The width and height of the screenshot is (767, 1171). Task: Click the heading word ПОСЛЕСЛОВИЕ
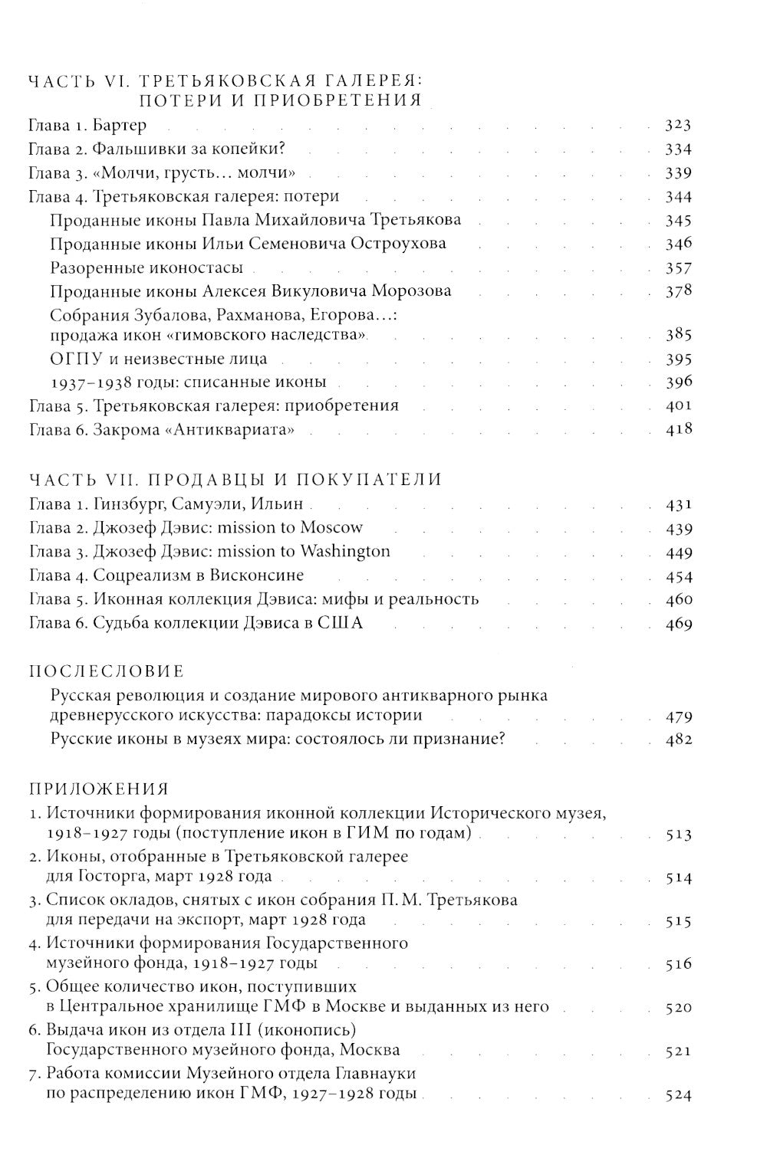point(107,671)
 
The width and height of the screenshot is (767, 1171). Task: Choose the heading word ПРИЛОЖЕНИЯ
point(99,789)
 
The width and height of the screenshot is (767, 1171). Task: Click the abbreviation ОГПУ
point(74,359)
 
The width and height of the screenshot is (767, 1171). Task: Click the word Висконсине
point(253,576)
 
